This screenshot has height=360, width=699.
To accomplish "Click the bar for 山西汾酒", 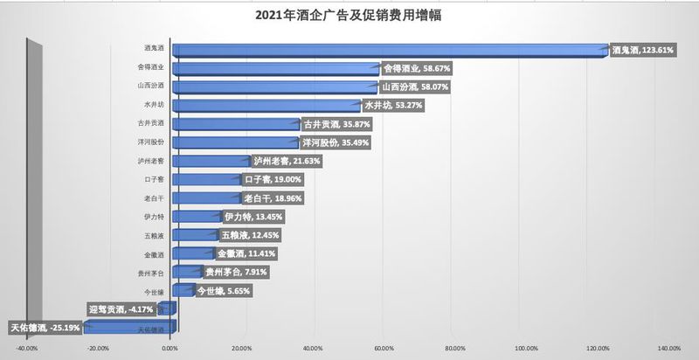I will click(274, 87).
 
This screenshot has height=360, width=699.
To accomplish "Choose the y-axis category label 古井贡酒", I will click(153, 124).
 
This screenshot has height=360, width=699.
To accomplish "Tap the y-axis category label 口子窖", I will click(155, 180).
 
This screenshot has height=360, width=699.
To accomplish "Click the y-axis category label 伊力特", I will click(155, 217).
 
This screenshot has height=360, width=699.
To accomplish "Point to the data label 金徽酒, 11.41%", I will click(246, 253).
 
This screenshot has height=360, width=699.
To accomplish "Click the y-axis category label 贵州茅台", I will click(153, 273).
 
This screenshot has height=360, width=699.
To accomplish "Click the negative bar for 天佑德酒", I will click(131, 327).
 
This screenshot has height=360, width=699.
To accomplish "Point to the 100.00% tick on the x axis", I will click(527, 349).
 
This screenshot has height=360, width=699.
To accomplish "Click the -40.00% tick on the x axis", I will click(27, 349).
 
